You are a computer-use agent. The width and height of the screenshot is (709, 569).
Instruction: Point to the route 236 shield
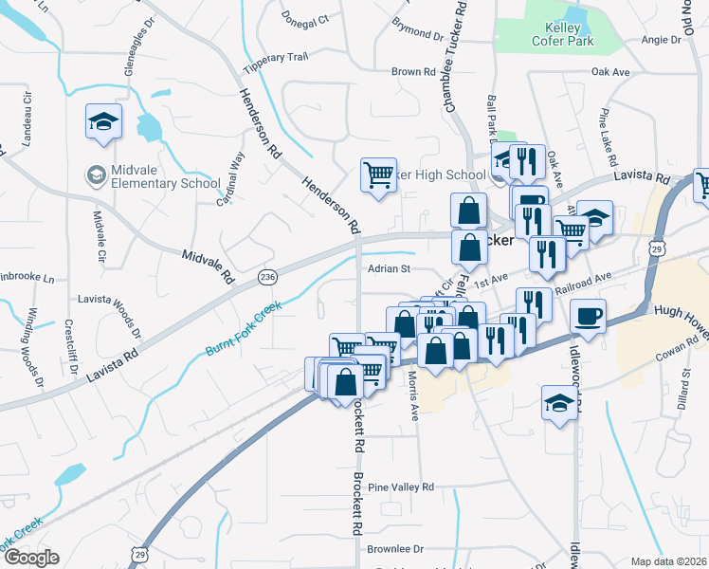(267, 276)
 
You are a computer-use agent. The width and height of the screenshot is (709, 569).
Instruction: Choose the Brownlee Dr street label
(394, 549)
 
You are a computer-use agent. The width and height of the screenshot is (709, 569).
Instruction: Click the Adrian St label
(388, 269)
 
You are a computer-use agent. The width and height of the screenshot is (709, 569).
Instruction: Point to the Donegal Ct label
(305, 18)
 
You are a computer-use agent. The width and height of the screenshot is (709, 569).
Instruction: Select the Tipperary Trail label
(276, 58)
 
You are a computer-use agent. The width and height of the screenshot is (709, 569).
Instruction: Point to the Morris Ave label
(413, 395)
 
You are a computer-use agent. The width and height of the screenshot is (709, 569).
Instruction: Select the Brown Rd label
(413, 72)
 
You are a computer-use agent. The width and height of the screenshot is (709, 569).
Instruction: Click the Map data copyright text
(669, 561)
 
